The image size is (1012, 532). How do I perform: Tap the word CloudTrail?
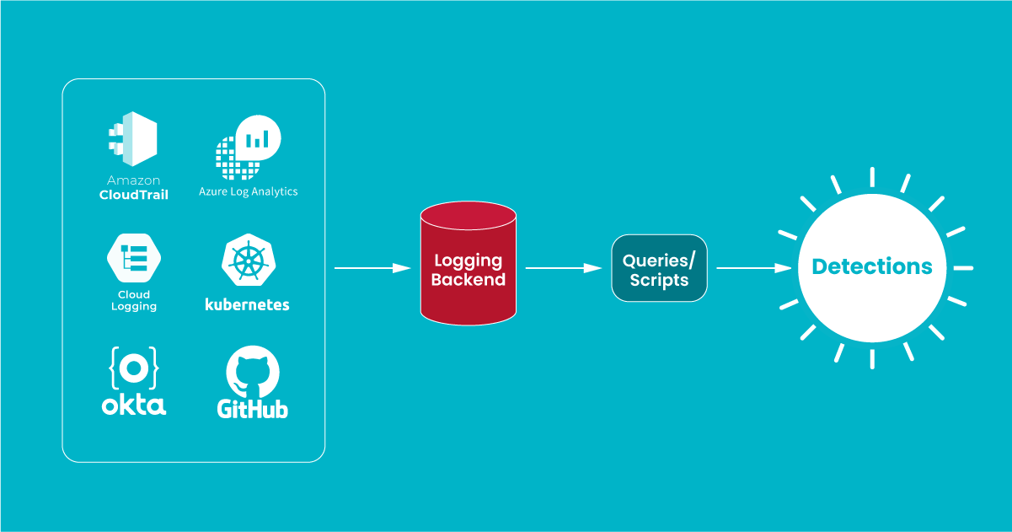(x=133, y=195)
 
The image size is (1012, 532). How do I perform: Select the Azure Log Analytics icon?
(x=248, y=147)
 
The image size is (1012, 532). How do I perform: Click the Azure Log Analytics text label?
(x=249, y=191)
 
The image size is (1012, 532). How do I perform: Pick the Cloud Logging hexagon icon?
(x=134, y=258)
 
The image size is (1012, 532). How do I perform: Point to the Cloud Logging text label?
(x=134, y=301)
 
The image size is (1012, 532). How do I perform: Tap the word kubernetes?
(x=247, y=304)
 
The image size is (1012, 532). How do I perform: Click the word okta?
(x=134, y=405)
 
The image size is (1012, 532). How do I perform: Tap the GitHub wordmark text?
(x=253, y=410)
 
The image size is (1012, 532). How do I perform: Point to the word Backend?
(x=468, y=280)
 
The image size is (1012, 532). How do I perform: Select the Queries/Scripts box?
(x=659, y=269)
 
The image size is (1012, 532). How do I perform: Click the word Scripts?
(x=659, y=280)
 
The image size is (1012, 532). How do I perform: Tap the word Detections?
(x=872, y=267)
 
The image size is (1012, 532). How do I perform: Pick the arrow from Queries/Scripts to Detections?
(x=755, y=268)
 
